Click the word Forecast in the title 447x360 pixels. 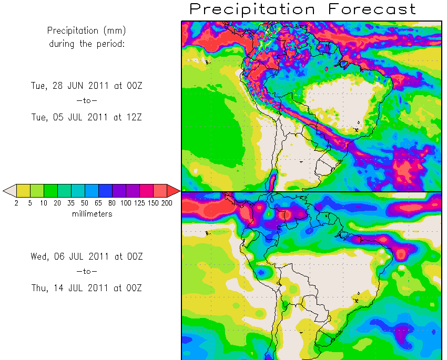pyautogui.click(x=371, y=9)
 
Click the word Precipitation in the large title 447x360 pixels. pyautogui.click(x=252, y=9)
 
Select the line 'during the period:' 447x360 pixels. pyautogui.click(x=87, y=44)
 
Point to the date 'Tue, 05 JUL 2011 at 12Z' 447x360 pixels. pyautogui.click(x=87, y=117)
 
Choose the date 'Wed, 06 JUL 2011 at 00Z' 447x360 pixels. pyautogui.click(x=87, y=256)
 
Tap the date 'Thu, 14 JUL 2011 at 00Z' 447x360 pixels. pyautogui.click(x=87, y=288)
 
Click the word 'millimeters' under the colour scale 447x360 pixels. pyautogui.click(x=92, y=214)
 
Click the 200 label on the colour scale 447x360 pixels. pyautogui.click(x=167, y=203)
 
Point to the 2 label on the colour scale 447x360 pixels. pyautogui.click(x=16, y=203)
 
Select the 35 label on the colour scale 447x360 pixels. pyautogui.click(x=71, y=203)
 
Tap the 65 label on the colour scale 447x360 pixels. pyautogui.click(x=98, y=203)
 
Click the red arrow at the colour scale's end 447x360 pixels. pyautogui.click(x=173, y=190)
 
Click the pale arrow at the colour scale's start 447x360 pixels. pyautogui.click(x=9, y=190)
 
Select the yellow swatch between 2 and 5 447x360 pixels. pyautogui.click(x=23, y=190)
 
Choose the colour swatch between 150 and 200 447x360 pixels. pyautogui.click(x=160, y=190)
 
